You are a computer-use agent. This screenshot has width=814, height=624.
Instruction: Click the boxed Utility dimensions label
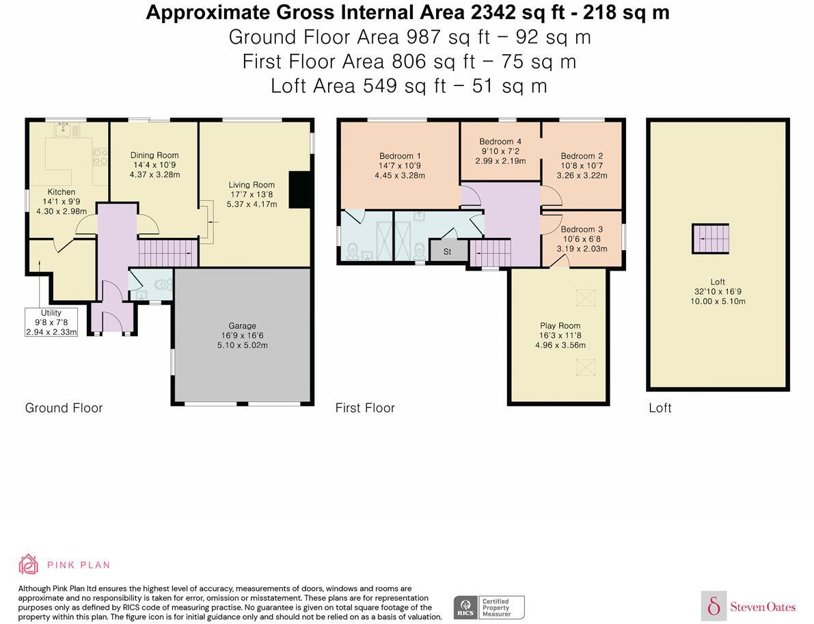point(51,323)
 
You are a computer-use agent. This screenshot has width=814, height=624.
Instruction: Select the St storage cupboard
point(448,252)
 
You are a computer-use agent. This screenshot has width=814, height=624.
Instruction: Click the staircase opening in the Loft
point(710,239)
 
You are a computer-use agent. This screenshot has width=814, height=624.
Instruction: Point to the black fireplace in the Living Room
point(299,190)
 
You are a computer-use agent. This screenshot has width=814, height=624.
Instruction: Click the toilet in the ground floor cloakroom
point(163,284)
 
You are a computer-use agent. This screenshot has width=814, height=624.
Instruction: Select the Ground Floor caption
point(64,408)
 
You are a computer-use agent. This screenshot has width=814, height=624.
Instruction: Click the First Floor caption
point(365,408)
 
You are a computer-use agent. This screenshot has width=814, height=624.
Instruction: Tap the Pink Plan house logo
point(28,565)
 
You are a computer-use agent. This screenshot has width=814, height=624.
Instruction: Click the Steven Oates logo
point(748,606)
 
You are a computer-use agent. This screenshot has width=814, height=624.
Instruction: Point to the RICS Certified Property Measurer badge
point(489,608)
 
